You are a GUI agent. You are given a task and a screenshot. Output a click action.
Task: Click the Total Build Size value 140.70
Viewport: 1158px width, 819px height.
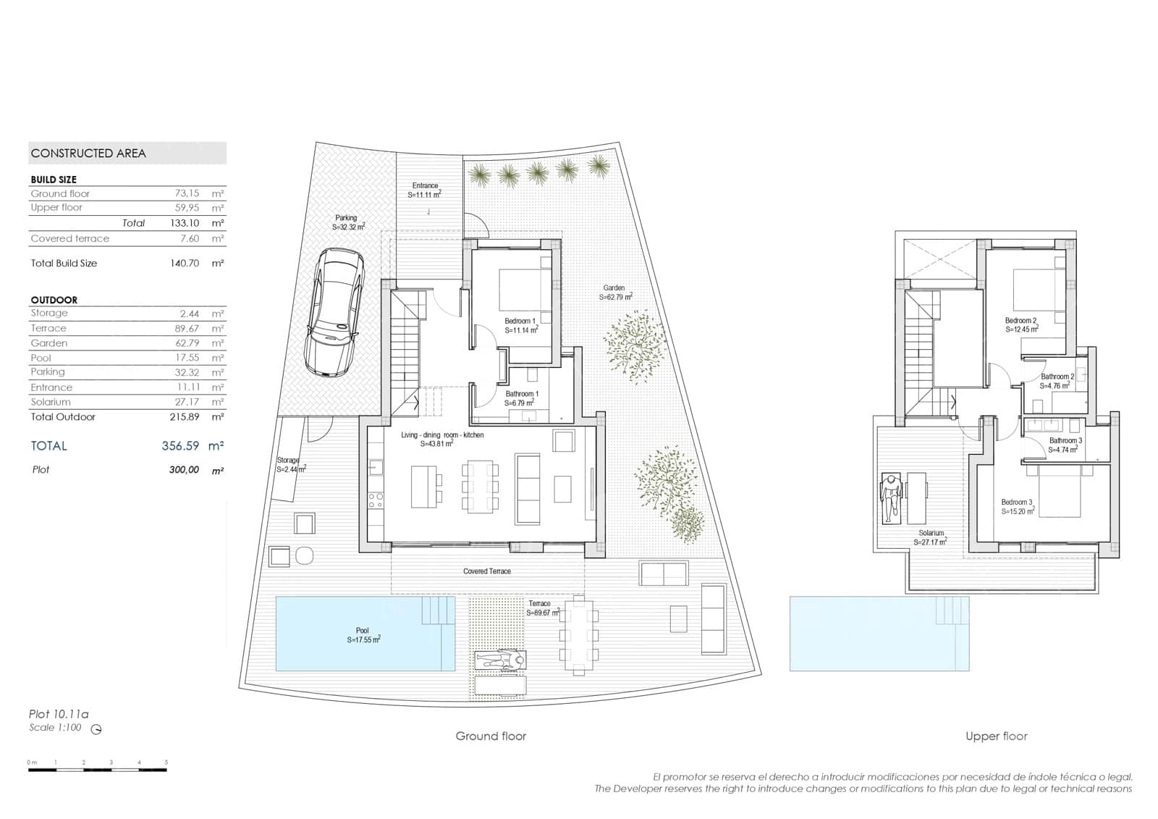click(184, 264)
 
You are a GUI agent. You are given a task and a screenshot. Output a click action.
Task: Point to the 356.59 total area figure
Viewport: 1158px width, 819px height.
click(180, 446)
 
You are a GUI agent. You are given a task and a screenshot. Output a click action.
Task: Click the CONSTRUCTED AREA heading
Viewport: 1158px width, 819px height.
click(88, 154)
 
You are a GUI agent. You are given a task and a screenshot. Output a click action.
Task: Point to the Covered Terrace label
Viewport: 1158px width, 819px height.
click(487, 571)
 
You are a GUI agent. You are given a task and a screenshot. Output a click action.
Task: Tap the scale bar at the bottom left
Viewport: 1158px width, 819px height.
click(98, 769)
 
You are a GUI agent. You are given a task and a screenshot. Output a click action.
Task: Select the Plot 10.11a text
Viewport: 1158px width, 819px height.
click(59, 714)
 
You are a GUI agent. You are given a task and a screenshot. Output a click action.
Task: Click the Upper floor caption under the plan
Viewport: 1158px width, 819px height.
click(996, 736)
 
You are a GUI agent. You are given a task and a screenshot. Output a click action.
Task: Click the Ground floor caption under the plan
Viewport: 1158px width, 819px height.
click(491, 736)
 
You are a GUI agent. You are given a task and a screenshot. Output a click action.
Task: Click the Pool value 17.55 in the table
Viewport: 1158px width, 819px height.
click(187, 358)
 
